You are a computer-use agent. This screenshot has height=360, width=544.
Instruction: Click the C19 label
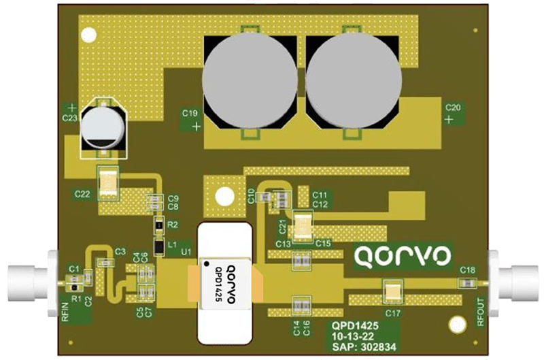tap(190, 112)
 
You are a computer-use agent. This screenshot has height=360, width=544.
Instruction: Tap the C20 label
tap(453, 107)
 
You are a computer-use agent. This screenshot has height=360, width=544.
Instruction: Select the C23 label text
tap(69, 118)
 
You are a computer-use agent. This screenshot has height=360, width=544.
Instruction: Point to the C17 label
tap(392, 313)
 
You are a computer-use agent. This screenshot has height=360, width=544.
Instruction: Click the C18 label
tap(467, 270)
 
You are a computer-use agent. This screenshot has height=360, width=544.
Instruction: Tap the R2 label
tap(173, 223)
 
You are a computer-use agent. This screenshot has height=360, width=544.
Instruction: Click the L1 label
tap(172, 244)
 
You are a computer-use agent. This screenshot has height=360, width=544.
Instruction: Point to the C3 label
tap(120, 252)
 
